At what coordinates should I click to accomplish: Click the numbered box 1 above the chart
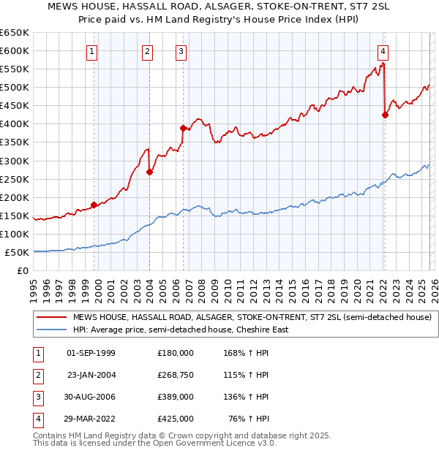92,51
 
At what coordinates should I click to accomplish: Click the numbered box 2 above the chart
148,51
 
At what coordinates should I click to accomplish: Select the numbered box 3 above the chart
181,51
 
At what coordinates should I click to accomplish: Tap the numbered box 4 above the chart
383,51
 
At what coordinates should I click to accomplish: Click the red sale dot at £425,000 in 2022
385,114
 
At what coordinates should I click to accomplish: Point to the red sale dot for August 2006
183,128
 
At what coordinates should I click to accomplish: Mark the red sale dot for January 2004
149,172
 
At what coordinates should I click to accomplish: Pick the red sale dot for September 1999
94,205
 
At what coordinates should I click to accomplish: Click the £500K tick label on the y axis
15,88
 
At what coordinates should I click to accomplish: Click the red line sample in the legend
52,317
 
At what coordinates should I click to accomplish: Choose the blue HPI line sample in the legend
52,330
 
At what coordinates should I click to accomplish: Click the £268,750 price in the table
175,375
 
